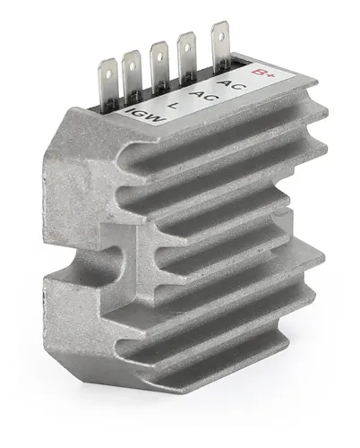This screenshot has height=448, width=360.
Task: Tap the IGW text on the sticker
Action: coord(145,116)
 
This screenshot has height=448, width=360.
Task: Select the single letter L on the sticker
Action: coord(172,105)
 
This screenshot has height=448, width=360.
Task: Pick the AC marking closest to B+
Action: coord(232,83)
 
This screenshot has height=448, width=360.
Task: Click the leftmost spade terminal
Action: coord(107,84)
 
